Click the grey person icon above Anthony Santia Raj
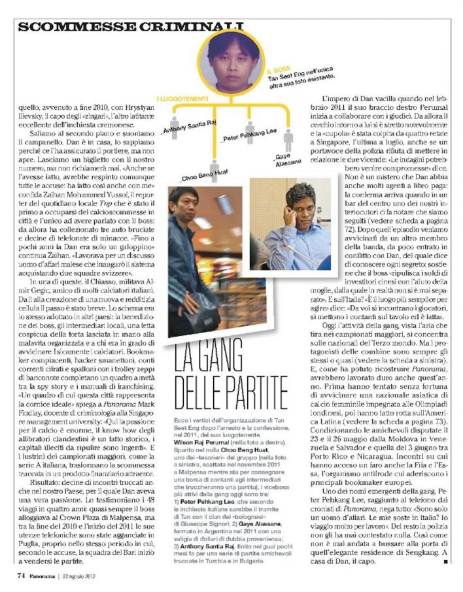point(175,122)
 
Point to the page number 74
point(22,576)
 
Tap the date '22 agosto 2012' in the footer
point(82,576)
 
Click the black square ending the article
point(445,561)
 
